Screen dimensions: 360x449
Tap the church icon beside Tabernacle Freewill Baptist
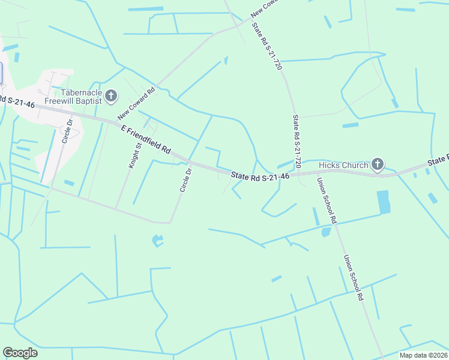pyautogui.click(x=110, y=95)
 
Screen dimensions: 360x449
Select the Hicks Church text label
pyautogui.click(x=343, y=165)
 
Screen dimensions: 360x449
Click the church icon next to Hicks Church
pyautogui.click(x=377, y=164)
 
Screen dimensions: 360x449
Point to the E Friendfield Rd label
pyautogui.click(x=146, y=139)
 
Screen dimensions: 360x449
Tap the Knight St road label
pyautogui.click(x=134, y=154)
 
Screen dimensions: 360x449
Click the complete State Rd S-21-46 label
pyautogui.click(x=261, y=176)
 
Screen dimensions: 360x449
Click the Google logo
pyautogui.click(x=20, y=353)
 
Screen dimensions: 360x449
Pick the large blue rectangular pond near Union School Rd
pyautogui.click(x=382, y=203)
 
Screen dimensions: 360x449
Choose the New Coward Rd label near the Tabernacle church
pyautogui.click(x=136, y=103)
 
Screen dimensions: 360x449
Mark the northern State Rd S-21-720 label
pyautogui.click(x=267, y=47)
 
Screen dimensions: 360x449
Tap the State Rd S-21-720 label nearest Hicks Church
pyautogui.click(x=296, y=142)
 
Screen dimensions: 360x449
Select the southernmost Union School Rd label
pyautogui.click(x=354, y=277)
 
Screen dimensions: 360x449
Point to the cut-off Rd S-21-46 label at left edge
pyautogui.click(x=17, y=103)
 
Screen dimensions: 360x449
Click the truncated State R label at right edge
pyautogui.click(x=438, y=161)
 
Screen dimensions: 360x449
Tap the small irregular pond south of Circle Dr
pyautogui.click(x=158, y=241)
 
